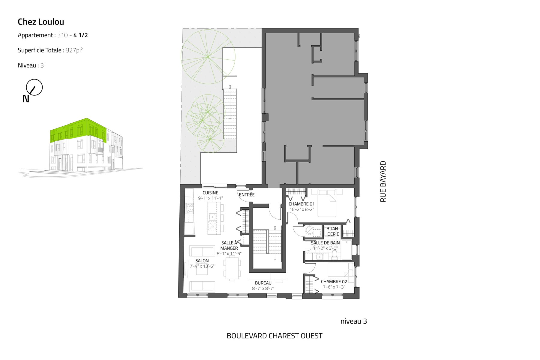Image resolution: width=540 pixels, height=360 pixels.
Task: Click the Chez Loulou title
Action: click(x=41, y=22)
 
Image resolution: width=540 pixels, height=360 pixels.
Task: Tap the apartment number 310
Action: click(x=62, y=35)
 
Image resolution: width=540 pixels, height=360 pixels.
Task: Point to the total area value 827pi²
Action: click(x=74, y=50)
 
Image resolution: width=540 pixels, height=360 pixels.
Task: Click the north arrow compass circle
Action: click(x=34, y=87)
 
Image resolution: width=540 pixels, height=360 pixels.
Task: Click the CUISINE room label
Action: click(x=210, y=193)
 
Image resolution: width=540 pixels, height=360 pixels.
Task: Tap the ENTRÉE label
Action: click(x=247, y=195)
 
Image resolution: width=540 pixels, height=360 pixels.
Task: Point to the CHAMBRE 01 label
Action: click(x=301, y=204)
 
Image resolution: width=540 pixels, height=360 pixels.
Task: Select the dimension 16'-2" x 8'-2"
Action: click(x=301, y=209)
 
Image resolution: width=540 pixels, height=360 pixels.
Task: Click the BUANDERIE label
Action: click(x=333, y=231)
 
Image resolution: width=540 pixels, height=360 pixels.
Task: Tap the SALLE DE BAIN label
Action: click(x=325, y=243)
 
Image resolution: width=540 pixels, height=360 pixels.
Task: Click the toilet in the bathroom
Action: click(x=334, y=255)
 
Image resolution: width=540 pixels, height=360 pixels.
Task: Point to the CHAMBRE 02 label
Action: click(x=334, y=282)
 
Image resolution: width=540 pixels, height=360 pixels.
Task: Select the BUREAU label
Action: click(x=263, y=283)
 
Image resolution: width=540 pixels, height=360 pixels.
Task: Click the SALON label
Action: click(x=202, y=261)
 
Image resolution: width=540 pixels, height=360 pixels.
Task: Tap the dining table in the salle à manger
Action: click(x=232, y=268)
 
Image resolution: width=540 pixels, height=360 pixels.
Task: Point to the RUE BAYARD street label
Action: click(x=383, y=181)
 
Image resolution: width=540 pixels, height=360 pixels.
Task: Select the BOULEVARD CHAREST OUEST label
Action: click(x=274, y=336)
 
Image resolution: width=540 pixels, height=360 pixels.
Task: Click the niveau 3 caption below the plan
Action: click(x=354, y=321)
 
